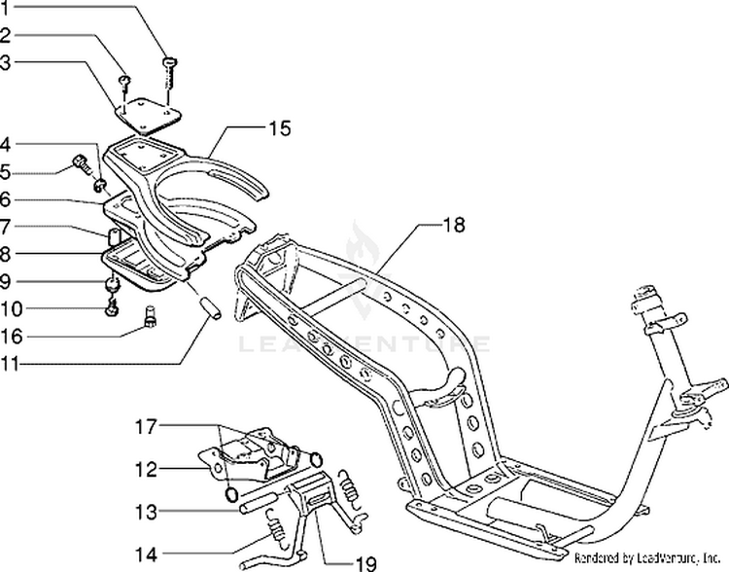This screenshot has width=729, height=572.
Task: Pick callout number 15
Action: [x=280, y=127]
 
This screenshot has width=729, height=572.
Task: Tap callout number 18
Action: [x=454, y=225]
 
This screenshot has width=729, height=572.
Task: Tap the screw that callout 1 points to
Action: [x=170, y=66]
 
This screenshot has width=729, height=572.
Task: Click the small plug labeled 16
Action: [x=151, y=316]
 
